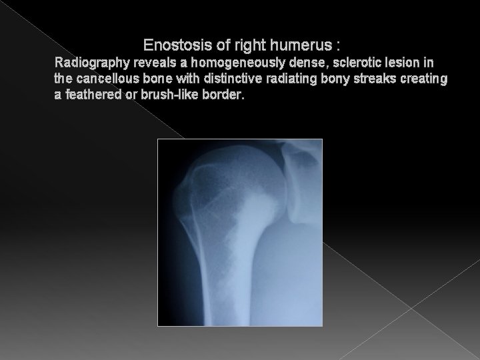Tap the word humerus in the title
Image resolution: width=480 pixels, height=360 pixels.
coord(302,46)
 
